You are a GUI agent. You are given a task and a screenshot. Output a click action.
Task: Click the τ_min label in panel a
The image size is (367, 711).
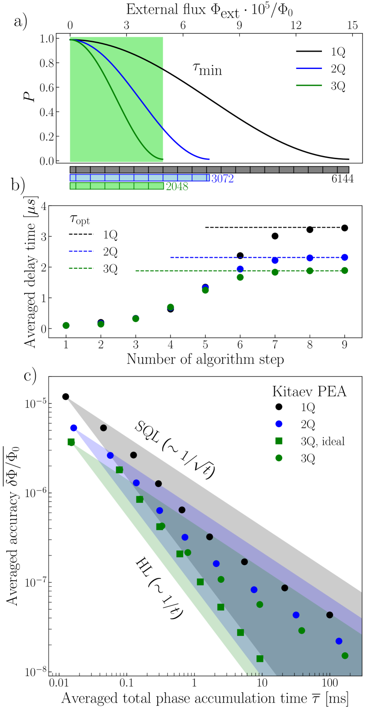pos(207,69)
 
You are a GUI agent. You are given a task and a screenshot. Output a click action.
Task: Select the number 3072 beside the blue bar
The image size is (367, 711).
pos(222,179)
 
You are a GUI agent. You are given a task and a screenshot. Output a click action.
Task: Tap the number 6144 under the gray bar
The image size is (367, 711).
pos(343,179)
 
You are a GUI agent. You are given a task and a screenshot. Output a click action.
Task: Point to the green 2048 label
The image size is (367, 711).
pos(177,186)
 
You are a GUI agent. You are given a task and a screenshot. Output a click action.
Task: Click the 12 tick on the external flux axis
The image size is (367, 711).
pos(296,25)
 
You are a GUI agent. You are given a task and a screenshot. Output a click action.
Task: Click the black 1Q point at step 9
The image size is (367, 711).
pos(344,228)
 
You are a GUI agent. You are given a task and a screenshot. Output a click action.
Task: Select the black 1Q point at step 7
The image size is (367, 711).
pos(275,236)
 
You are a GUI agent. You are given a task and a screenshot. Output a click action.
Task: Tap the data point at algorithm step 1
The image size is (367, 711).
pos(66,325)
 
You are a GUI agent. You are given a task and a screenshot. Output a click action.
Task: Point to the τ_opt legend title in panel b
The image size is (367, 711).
pos(80,219)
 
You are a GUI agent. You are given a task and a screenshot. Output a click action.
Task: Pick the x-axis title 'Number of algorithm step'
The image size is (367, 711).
pos(205,359)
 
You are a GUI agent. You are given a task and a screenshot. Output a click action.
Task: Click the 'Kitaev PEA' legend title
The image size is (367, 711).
pos(309,392)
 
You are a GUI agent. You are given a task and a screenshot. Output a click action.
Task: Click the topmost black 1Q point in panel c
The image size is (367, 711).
pos(66,396)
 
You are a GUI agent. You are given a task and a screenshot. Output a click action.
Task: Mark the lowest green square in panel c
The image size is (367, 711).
pos(260,658)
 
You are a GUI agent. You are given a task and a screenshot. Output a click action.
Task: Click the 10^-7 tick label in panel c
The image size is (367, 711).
pos(33,582)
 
